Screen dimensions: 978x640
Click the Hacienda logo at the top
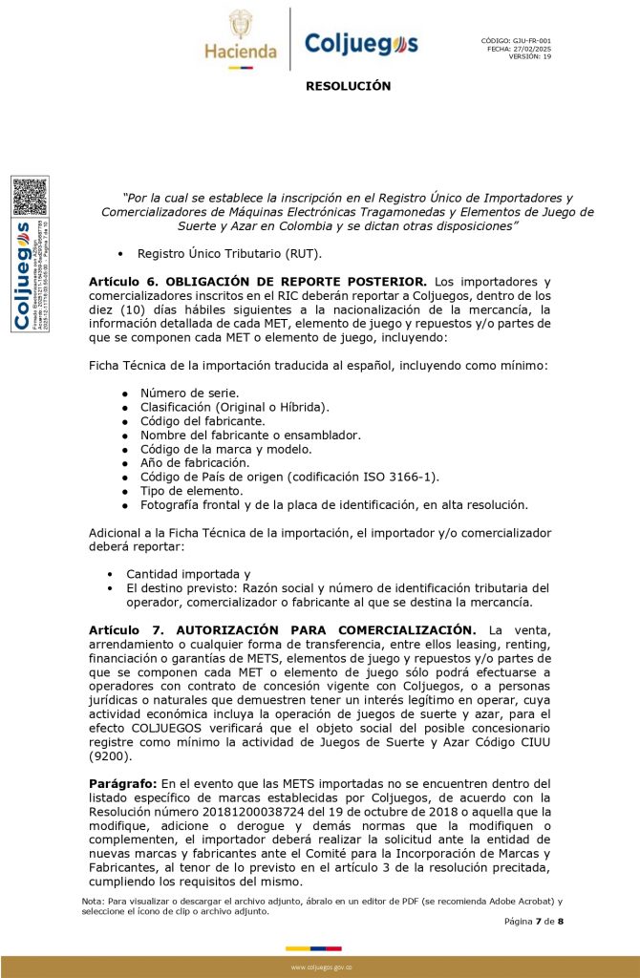pos(240,38)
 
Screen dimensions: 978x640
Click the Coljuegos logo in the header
pos(361,43)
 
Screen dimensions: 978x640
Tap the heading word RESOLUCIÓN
pos(348,86)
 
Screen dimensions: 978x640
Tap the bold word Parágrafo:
pos(123,783)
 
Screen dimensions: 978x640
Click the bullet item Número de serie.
pos(189,393)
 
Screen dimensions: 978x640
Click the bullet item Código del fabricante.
pos(203,420)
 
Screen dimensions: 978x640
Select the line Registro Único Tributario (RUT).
pos(229,254)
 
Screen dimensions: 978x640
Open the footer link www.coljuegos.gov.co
pos(321,967)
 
